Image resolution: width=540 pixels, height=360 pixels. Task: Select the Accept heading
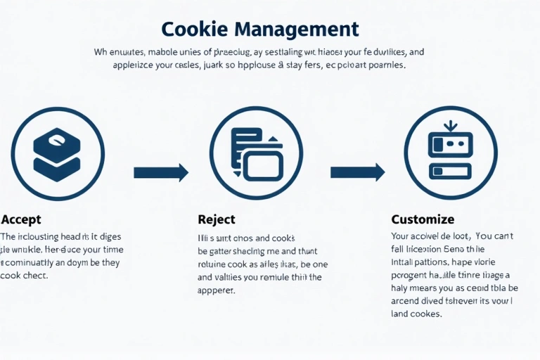point(21,219)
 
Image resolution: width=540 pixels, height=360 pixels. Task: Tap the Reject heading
point(217,219)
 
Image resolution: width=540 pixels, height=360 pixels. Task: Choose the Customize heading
point(423,219)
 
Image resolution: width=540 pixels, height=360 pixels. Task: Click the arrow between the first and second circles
point(161,172)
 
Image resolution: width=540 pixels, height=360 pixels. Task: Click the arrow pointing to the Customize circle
point(357,172)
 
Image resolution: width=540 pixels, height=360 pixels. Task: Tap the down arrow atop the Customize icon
point(451,127)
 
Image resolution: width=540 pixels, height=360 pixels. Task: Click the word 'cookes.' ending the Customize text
point(425,314)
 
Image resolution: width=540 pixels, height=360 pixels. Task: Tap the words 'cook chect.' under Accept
point(25,276)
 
